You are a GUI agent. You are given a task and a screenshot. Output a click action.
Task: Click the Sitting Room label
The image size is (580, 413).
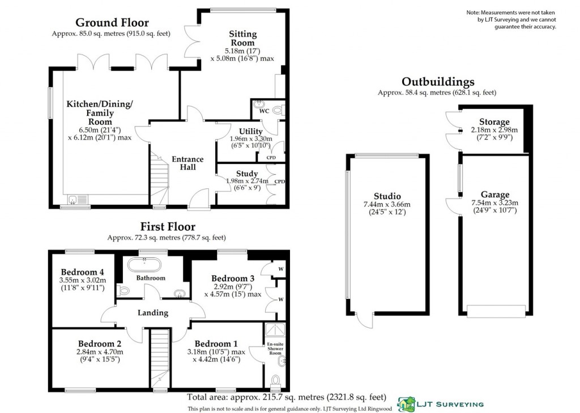[242, 39]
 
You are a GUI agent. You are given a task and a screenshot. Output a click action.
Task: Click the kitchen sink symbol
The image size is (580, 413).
[76, 200]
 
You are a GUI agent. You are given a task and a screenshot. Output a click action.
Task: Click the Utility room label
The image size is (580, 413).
[250, 132]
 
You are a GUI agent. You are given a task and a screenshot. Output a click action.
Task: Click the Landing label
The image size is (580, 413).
[153, 313]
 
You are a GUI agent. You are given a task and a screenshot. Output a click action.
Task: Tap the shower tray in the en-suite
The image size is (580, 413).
[275, 330]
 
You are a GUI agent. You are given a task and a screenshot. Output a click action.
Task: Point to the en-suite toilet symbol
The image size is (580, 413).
[275, 381]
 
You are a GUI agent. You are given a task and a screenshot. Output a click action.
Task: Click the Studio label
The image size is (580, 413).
[387, 196]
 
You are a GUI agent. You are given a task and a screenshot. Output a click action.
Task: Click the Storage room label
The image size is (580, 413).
[494, 122]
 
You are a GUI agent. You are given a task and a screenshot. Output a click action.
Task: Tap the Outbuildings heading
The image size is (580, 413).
[438, 82]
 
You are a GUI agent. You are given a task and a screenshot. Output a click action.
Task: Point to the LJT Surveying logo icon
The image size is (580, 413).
[406, 404]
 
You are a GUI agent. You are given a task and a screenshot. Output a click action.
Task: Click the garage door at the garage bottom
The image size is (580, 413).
[495, 311]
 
